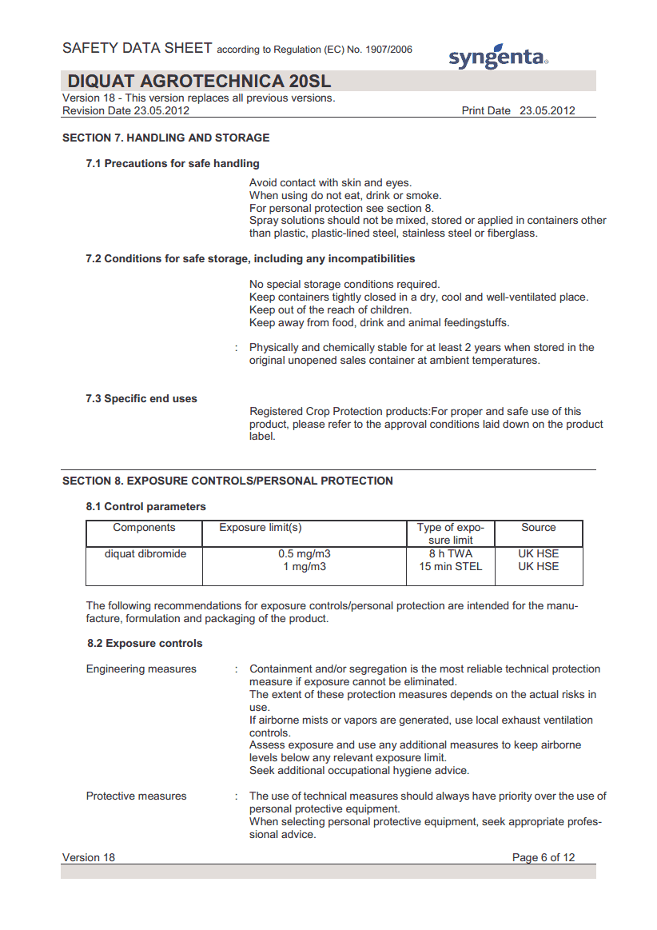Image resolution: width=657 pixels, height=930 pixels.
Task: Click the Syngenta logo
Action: (497, 56)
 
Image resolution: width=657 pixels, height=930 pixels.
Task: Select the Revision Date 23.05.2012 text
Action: (125, 111)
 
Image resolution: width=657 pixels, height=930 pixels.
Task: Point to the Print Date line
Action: (518, 111)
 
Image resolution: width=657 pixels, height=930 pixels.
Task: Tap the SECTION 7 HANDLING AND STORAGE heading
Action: (165, 138)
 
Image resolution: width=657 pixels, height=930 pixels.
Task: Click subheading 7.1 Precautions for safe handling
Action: (173, 163)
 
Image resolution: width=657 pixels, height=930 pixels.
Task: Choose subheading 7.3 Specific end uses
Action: (141, 398)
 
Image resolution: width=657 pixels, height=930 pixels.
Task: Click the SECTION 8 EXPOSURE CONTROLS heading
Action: (228, 481)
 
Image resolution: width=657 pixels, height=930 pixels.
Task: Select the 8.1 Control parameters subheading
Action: (146, 506)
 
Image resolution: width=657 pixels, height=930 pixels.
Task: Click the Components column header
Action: (144, 528)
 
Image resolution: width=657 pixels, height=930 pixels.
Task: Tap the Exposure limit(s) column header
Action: (261, 528)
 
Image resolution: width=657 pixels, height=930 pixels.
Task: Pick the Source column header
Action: (538, 528)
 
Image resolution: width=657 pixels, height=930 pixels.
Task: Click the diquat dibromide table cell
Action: (145, 553)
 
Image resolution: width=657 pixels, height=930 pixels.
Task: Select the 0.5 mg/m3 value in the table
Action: (305, 553)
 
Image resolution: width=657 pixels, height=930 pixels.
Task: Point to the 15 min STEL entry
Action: (450, 566)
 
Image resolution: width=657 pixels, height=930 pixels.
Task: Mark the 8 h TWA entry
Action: (450, 553)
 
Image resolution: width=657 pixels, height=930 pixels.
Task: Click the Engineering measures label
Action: (141, 669)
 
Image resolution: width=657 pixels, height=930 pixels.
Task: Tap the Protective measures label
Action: (136, 796)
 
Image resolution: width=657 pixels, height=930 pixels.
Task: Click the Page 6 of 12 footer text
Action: (543, 857)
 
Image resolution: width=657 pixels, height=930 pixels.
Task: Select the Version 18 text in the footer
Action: (89, 857)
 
